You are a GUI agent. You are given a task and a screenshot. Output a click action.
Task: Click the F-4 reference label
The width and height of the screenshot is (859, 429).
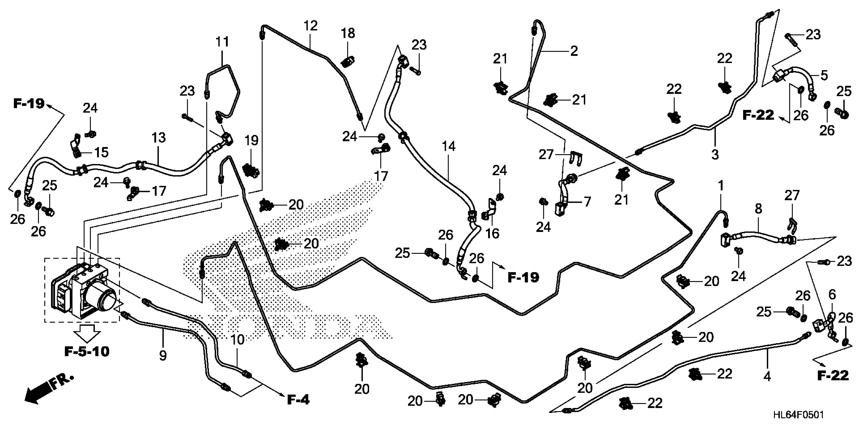pyautogui.click(x=298, y=400)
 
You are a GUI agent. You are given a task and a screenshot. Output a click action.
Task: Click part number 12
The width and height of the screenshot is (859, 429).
pyautogui.click(x=311, y=26)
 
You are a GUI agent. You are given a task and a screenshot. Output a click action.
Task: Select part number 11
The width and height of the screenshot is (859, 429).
pyautogui.click(x=222, y=42)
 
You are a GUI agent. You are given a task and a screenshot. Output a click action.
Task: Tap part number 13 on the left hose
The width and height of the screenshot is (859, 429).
pyautogui.click(x=158, y=138)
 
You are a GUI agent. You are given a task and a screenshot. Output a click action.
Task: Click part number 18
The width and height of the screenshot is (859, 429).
pyautogui.click(x=348, y=33)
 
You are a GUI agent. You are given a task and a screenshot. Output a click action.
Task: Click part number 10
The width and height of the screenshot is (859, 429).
pyautogui.click(x=237, y=340)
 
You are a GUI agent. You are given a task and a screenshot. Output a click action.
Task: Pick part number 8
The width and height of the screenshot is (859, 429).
pyautogui.click(x=758, y=209)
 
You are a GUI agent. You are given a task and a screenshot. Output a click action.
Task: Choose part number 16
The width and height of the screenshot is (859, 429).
pyautogui.click(x=492, y=233)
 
